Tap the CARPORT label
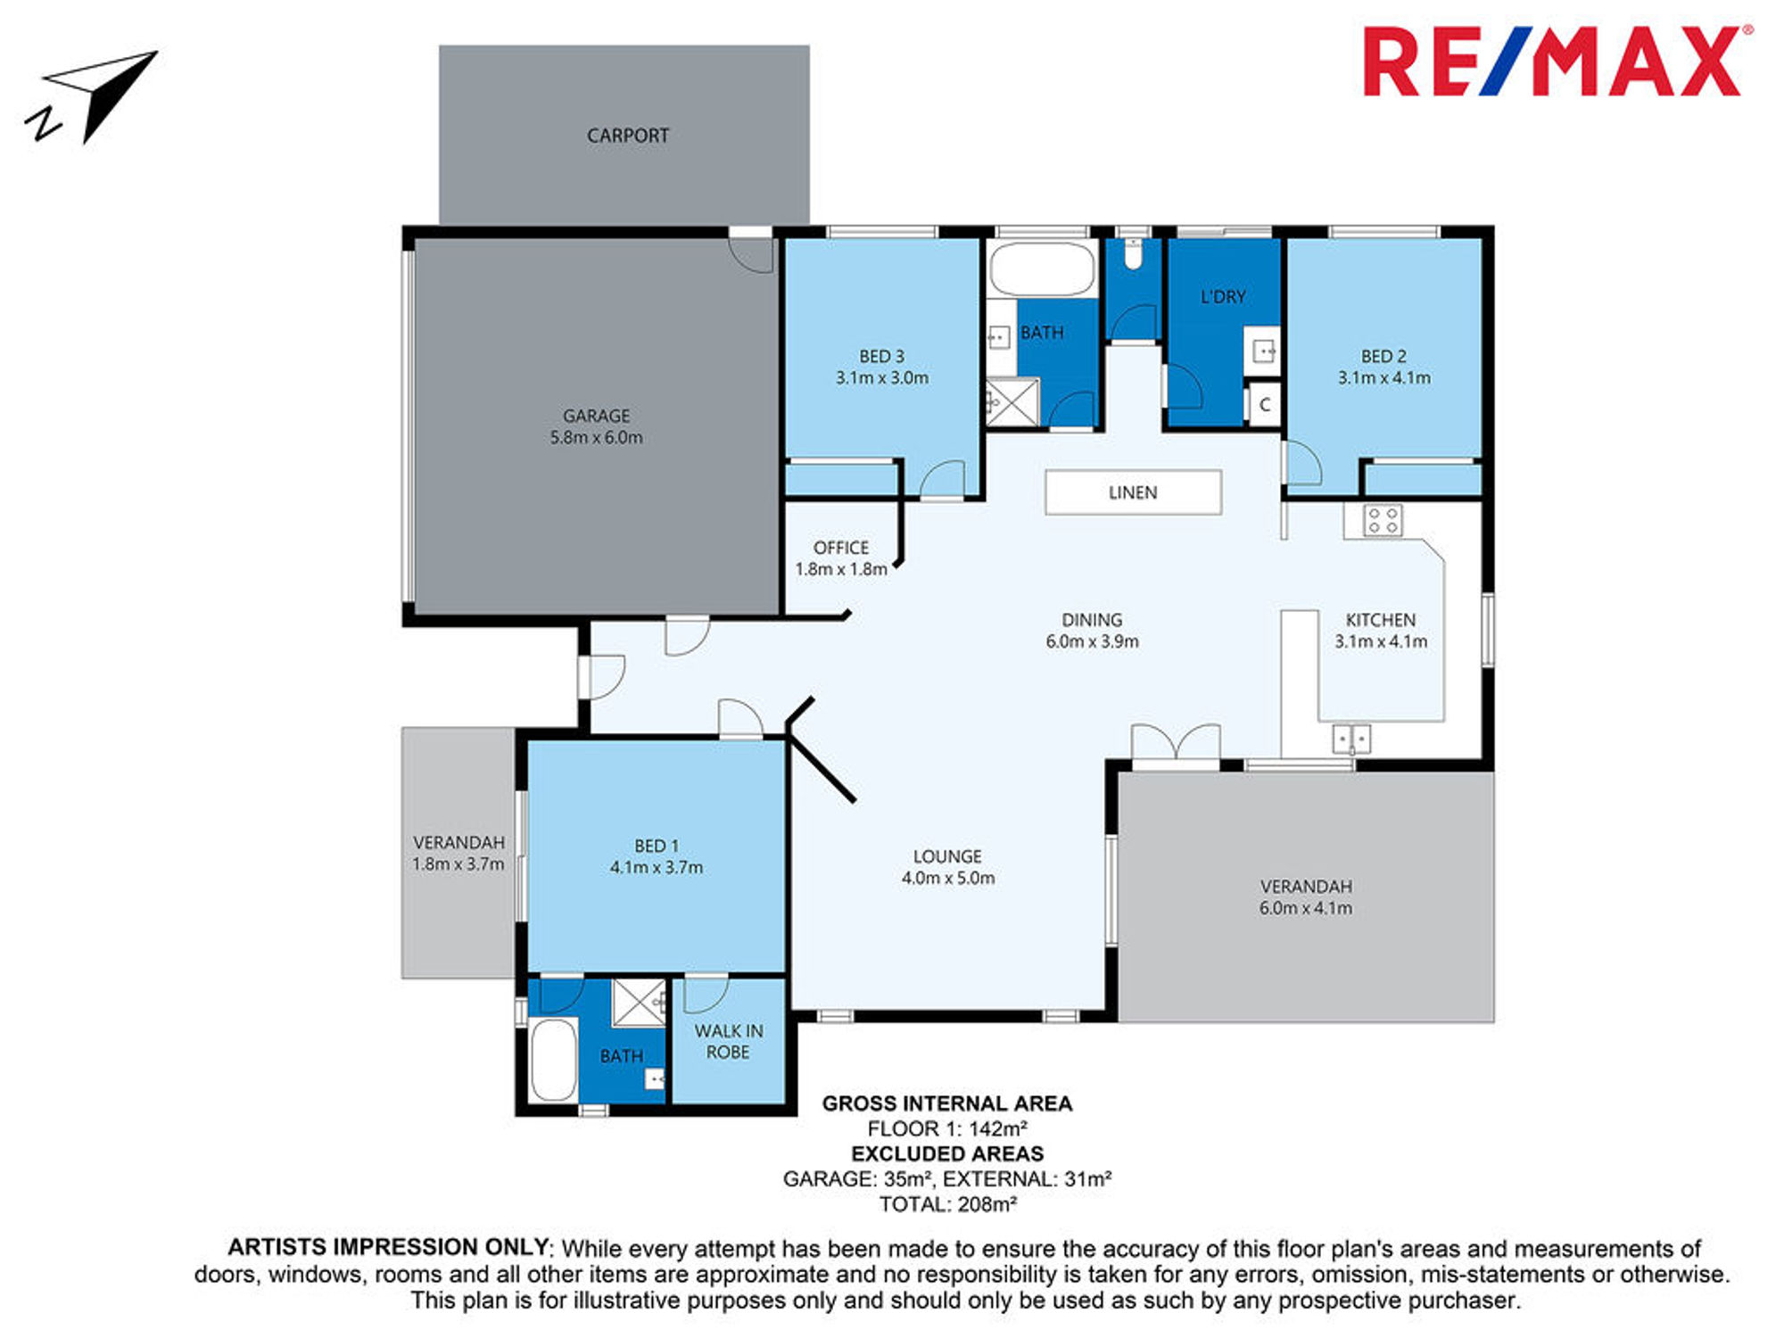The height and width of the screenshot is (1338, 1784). pyautogui.click(x=628, y=136)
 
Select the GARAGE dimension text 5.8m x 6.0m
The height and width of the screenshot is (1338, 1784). pyautogui.click(x=596, y=438)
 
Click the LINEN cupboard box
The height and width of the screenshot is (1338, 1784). pyautogui.click(x=1133, y=492)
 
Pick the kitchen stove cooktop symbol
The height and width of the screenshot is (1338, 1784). pyautogui.click(x=1383, y=520)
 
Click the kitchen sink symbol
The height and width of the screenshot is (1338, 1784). pyautogui.click(x=1351, y=739)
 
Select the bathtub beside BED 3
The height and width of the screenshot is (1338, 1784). pyautogui.click(x=1042, y=268)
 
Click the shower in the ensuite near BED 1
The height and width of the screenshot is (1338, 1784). pyautogui.click(x=639, y=1003)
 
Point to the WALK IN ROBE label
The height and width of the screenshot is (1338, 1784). pyautogui.click(x=728, y=1042)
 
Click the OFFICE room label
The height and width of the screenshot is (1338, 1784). pyautogui.click(x=840, y=548)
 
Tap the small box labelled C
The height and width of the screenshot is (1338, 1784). pyautogui.click(x=1264, y=405)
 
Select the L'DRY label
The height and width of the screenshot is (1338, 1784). pyautogui.click(x=1223, y=297)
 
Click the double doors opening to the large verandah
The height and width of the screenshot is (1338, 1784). pyautogui.click(x=1176, y=742)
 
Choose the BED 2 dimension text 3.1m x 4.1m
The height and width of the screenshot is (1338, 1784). pyautogui.click(x=1383, y=378)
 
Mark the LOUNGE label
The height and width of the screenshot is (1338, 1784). pyautogui.click(x=947, y=856)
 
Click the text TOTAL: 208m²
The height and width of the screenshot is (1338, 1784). pyautogui.click(x=948, y=1204)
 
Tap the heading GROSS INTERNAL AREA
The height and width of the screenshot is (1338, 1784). pyautogui.click(x=947, y=1103)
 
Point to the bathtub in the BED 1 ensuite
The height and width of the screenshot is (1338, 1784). pyautogui.click(x=553, y=1061)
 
